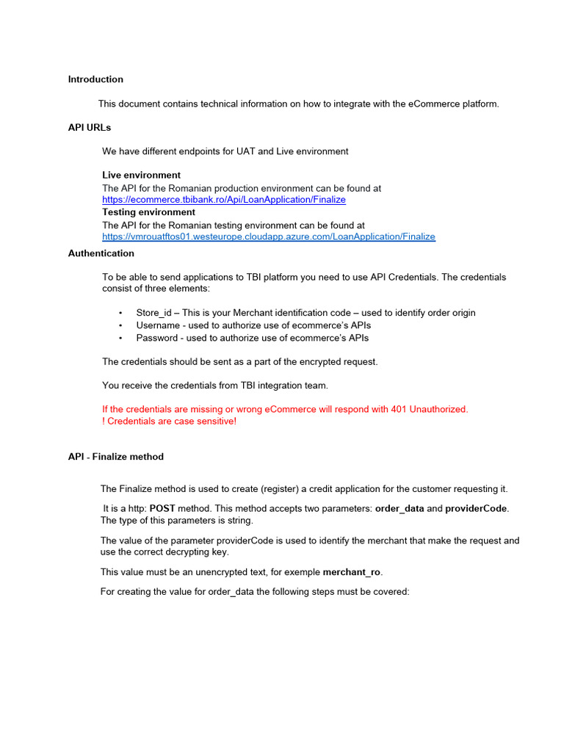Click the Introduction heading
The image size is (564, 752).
95,79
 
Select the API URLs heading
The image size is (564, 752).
90,128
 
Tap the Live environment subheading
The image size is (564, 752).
141,176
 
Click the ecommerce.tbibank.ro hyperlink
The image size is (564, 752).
223,200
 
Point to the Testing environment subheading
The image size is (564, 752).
148,212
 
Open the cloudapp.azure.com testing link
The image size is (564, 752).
268,236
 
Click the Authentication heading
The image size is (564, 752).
101,253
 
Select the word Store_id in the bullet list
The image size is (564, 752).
153,313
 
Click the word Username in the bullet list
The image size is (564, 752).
158,325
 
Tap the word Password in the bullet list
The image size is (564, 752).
157,338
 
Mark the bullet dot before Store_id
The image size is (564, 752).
120,313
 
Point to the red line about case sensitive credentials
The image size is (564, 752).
169,422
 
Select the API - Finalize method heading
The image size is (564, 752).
116,457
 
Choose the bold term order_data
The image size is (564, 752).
399,508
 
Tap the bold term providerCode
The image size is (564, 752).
476,508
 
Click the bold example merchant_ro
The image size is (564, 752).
352,571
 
